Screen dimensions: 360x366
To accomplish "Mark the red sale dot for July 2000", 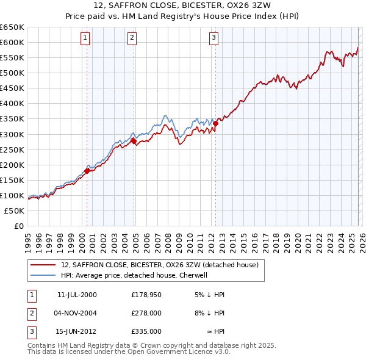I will click(x=87, y=171).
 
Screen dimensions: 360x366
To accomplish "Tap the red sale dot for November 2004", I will click(x=133, y=141).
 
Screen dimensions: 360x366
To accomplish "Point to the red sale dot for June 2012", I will click(x=215, y=123).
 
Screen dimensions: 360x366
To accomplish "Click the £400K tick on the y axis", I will click(x=12, y=104).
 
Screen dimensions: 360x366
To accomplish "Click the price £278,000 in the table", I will click(x=146, y=312).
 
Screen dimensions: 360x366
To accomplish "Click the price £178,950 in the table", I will click(x=146, y=294).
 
